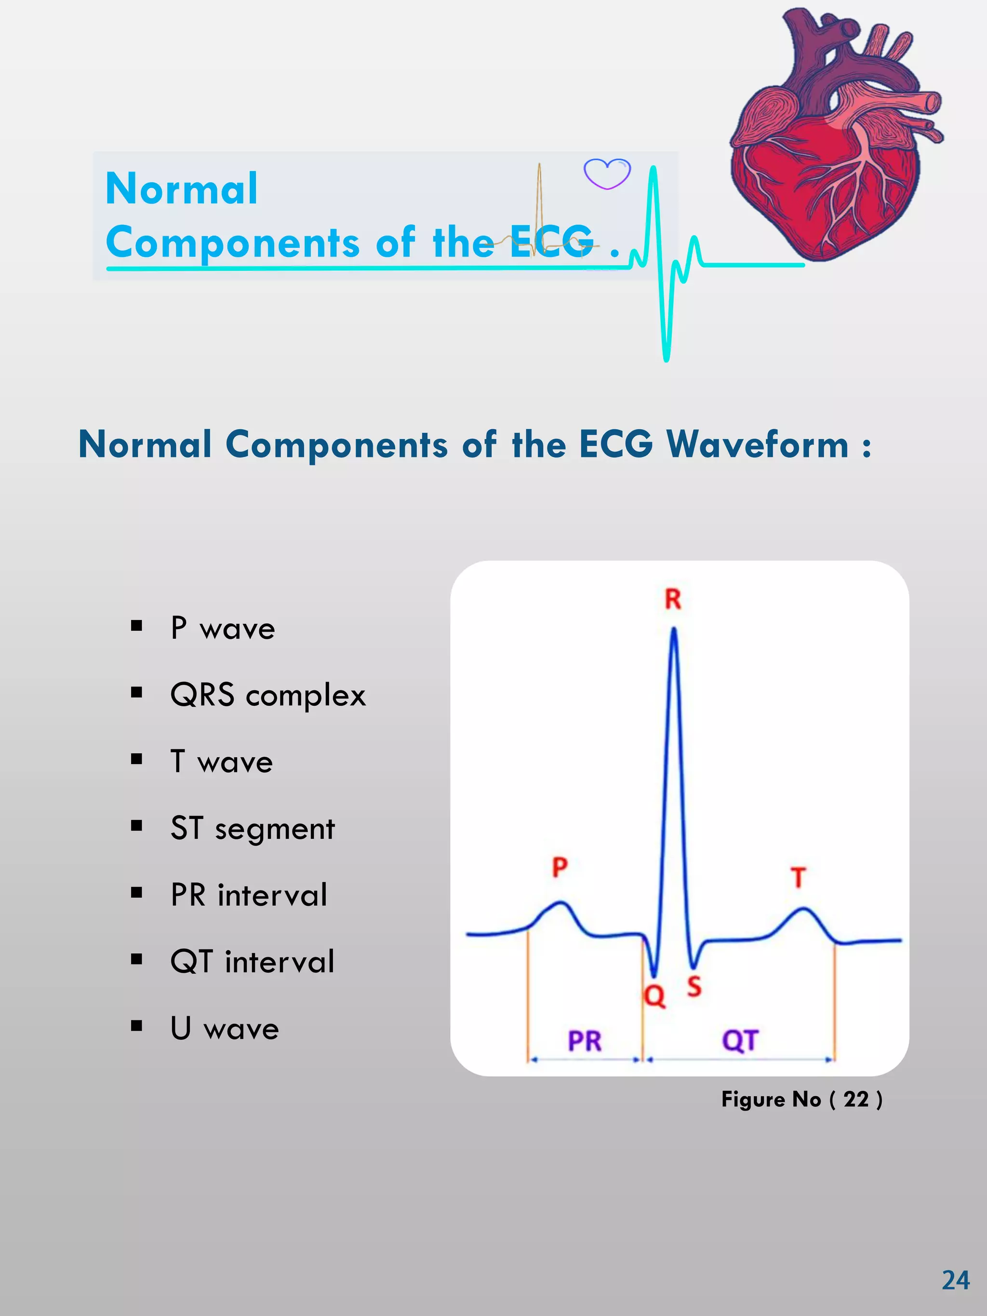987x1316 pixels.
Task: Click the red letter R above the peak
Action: pyautogui.click(x=673, y=599)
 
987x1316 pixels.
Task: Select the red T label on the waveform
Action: pyautogui.click(x=799, y=877)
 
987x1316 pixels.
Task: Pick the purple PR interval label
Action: pyautogui.click(x=584, y=1041)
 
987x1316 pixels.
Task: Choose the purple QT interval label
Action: pyautogui.click(x=740, y=1041)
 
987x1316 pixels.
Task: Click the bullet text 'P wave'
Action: pyautogui.click(x=223, y=628)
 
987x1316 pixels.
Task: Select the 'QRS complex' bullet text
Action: pyautogui.click(x=268, y=695)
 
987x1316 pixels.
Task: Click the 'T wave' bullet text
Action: pyautogui.click(x=221, y=762)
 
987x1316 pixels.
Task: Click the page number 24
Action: pyautogui.click(x=956, y=1280)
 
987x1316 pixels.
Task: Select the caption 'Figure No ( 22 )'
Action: pyautogui.click(x=801, y=1099)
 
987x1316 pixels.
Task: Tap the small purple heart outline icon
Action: pyautogui.click(x=607, y=174)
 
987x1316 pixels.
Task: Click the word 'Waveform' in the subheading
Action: pyautogui.click(x=757, y=444)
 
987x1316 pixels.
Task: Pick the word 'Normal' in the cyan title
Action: pyautogui.click(x=182, y=188)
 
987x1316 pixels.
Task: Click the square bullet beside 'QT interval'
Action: pyautogui.click(x=137, y=959)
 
